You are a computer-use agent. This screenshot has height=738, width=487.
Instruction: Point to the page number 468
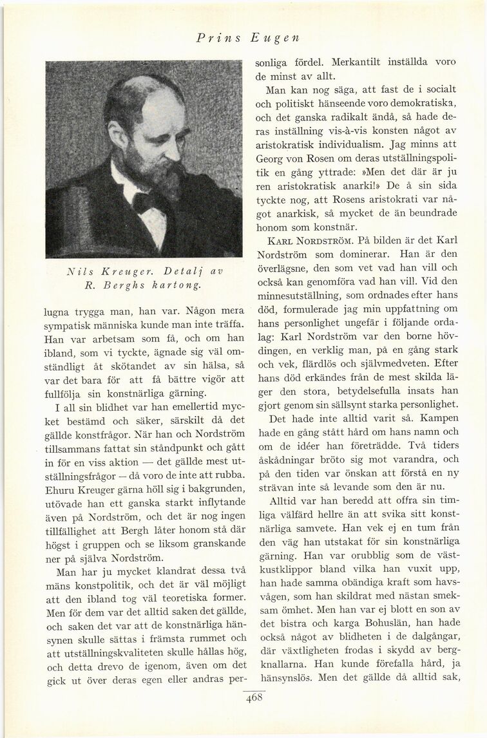point(254,702)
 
